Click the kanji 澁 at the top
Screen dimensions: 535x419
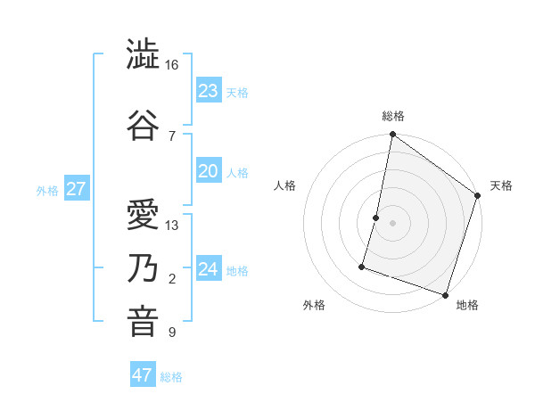coord(144,55)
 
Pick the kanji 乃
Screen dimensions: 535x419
coord(144,269)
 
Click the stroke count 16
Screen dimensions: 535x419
coord(172,65)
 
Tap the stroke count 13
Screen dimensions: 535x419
coord(172,225)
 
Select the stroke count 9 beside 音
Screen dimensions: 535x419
coord(172,333)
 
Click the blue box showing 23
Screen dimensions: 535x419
coord(209,91)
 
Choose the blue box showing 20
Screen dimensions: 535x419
coord(209,171)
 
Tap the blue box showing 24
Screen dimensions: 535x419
coord(209,269)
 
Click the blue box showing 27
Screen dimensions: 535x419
coord(76,189)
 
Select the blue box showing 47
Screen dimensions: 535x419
coord(143,375)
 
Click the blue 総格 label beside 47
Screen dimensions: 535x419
coord(172,377)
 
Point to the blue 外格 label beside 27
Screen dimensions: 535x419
coord(47,190)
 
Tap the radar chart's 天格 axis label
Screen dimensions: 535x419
coord(501,185)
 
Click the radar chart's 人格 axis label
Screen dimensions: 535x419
coord(285,185)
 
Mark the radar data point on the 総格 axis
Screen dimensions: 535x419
coord(392,136)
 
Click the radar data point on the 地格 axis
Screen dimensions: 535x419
coord(444,294)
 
